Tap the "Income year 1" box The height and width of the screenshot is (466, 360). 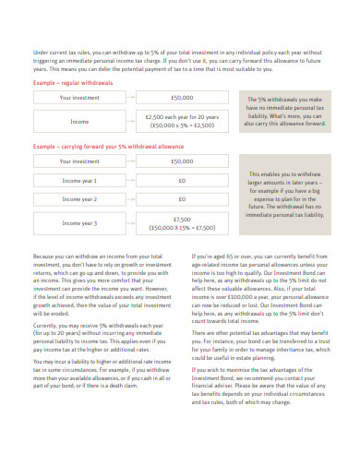[x=79, y=180]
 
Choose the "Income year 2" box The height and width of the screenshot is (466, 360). [x=79, y=198]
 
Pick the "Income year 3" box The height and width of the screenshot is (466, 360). [x=79, y=222]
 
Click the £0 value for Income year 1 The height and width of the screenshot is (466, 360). [x=182, y=180]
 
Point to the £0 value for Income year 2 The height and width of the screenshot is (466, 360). [x=182, y=198]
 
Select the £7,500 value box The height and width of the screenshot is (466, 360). [x=182, y=222]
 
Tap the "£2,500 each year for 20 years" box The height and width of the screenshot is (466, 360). [x=182, y=121]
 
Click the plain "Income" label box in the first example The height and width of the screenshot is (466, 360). [x=79, y=121]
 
